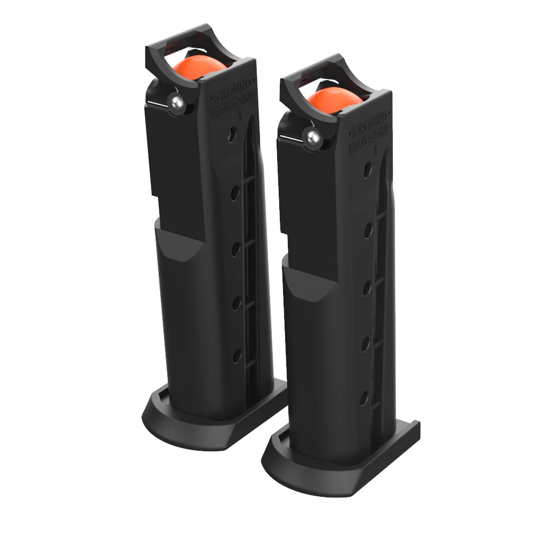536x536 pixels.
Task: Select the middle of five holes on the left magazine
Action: (235, 248)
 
